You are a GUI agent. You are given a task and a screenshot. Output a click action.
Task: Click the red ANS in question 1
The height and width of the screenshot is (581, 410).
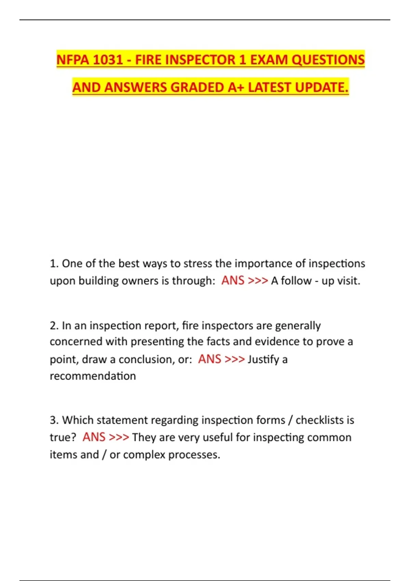tap(233, 281)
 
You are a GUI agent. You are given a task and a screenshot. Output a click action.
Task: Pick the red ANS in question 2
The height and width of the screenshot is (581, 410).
tap(209, 359)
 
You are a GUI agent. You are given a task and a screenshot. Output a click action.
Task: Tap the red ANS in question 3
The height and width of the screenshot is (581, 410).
tap(94, 437)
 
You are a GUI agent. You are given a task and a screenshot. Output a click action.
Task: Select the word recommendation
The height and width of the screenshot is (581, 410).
tap(93, 376)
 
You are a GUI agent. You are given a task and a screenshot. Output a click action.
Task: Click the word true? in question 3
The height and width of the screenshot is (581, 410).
tap(63, 437)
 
